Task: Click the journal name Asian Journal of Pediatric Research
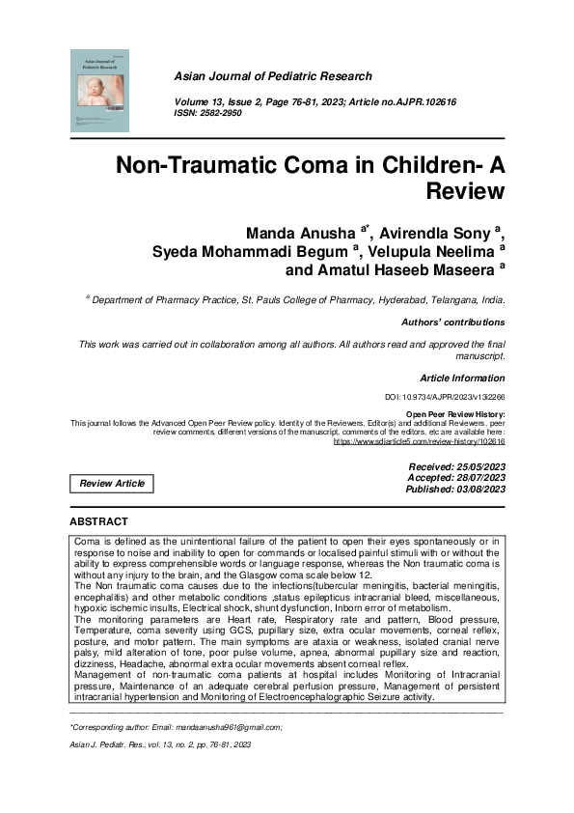(x=273, y=76)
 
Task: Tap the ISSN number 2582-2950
(x=225, y=112)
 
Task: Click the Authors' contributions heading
(x=451, y=322)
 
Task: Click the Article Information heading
(x=461, y=378)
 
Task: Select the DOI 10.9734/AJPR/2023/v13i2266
(x=456, y=398)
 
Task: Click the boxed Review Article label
(x=111, y=483)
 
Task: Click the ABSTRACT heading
(x=99, y=521)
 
